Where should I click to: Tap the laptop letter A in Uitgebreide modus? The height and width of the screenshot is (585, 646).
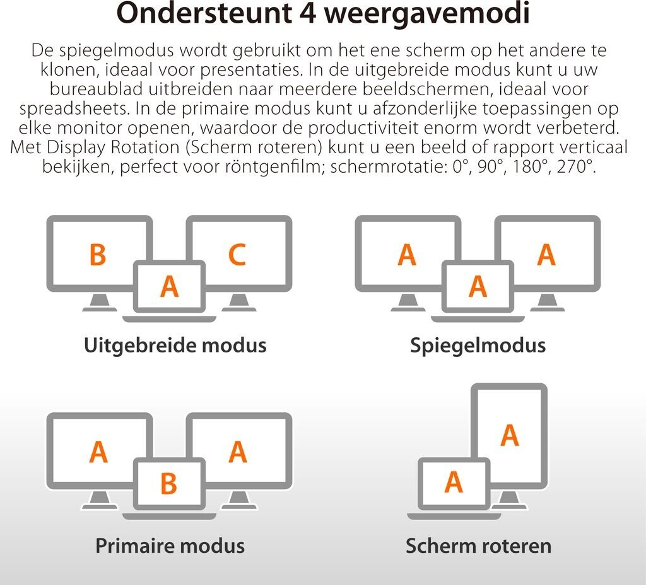[169, 286]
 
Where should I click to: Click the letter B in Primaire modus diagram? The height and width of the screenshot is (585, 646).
[168, 483]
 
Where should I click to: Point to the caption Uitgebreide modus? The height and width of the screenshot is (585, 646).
[175, 345]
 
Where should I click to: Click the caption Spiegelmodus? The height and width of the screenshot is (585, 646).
[478, 345]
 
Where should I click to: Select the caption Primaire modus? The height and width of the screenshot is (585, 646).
[170, 545]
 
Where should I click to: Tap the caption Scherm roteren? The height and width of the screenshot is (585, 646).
[478, 545]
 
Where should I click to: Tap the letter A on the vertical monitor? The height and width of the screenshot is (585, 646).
[509, 436]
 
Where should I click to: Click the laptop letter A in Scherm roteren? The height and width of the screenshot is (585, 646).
[454, 482]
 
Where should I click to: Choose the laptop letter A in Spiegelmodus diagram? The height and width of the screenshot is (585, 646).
[478, 286]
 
